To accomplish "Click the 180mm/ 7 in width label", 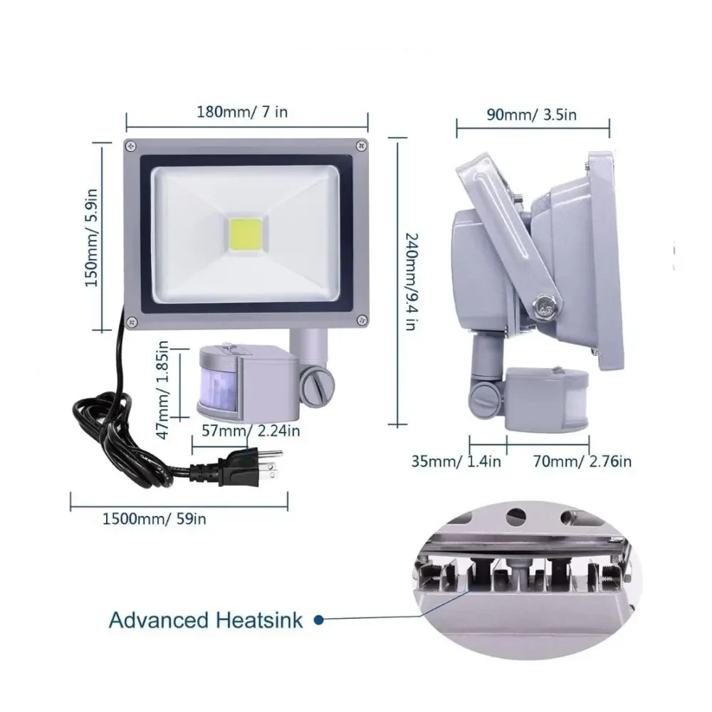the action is (x=242, y=112).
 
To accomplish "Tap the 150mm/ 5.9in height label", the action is (x=92, y=238).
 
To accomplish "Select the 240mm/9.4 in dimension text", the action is (x=411, y=281).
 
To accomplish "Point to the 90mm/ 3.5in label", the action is (x=532, y=115).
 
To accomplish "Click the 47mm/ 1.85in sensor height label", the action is (x=162, y=389).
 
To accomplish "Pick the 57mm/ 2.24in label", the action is (x=251, y=431).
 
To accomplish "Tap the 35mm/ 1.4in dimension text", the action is (x=456, y=461).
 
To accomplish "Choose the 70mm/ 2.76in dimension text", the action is (x=582, y=461).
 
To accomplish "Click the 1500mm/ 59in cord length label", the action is (x=154, y=518).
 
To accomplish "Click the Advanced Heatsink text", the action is (x=206, y=620).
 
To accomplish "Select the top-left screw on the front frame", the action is (x=131, y=146).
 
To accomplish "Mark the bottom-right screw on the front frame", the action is (x=362, y=320).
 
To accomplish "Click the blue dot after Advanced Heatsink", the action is (x=319, y=620).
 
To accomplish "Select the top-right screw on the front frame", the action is (x=362, y=146).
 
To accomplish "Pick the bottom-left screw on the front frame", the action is (x=132, y=322).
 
